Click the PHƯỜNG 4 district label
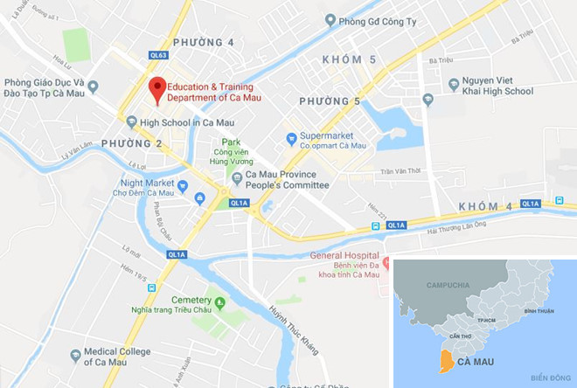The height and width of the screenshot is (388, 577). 203,42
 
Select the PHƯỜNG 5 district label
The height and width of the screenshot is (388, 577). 330,102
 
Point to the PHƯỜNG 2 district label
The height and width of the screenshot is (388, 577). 131,143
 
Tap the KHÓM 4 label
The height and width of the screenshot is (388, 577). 484,206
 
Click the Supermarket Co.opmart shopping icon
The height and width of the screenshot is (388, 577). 291,138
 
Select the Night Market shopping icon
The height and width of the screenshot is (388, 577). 183,185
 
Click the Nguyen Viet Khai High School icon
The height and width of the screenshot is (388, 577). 453,85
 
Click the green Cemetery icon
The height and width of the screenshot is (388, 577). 220,304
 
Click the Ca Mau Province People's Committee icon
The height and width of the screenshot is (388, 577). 236,179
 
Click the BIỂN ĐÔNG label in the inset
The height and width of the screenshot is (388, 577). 549,377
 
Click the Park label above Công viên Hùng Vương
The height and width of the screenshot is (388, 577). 231,142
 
